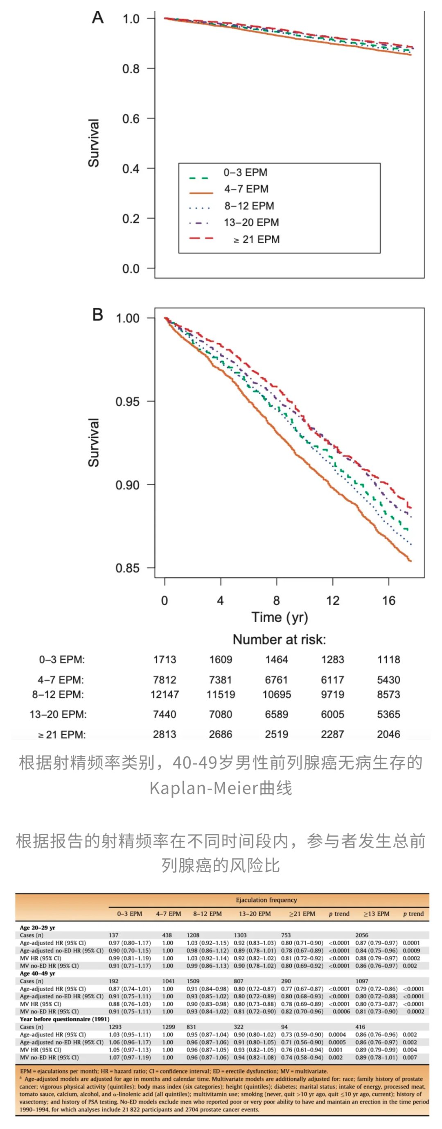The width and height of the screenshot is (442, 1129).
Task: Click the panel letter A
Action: coord(98,17)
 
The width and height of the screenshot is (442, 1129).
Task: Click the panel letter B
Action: coord(98,314)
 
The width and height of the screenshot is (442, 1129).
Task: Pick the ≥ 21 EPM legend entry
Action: coord(256,239)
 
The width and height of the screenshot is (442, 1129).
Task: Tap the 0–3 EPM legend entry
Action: coord(245,172)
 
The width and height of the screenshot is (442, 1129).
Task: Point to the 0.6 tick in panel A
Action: coord(131,119)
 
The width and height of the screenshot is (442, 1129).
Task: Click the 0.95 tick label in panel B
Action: coord(127,401)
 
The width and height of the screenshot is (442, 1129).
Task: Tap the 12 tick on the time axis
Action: coord(332,600)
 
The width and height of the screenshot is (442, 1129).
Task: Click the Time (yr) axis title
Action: coord(280,617)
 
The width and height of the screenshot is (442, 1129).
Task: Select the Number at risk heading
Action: coord(280,640)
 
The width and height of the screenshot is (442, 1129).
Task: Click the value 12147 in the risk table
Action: coord(164,695)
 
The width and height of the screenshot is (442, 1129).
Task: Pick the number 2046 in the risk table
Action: coord(388,734)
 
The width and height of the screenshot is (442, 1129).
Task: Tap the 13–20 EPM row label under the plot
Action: coord(58,715)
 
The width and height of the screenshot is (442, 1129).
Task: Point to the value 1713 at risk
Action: coord(164,660)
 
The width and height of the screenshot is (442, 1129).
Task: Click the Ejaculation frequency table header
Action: coord(266,900)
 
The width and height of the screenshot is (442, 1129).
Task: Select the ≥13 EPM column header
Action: coord(376,914)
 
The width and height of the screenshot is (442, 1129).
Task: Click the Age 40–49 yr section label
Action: coord(37,973)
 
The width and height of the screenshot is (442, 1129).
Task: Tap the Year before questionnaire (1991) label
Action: coord(64,1019)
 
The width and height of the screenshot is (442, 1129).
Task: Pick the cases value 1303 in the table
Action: coord(240,935)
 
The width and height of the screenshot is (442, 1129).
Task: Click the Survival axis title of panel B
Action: coord(94,442)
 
